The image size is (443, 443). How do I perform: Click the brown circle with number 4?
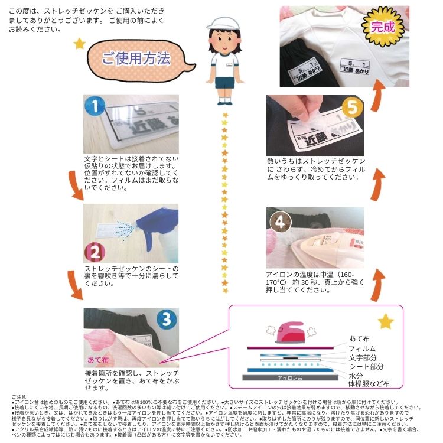[x=279, y=221]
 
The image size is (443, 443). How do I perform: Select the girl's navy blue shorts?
[x=224, y=80]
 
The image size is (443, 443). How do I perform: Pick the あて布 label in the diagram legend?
[x=360, y=338]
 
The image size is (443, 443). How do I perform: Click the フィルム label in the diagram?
[x=362, y=348]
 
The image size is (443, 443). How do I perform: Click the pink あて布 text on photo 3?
[x=98, y=359]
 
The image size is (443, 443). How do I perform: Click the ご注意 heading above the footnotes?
[x=11, y=396]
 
